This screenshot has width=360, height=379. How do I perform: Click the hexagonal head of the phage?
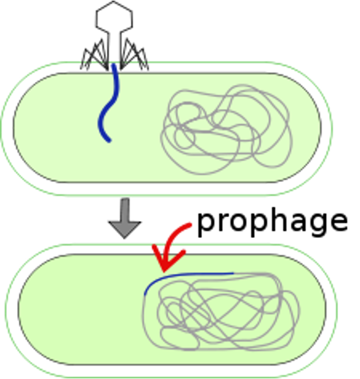pyautogui.click(x=114, y=16)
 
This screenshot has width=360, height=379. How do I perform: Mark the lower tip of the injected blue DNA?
pyautogui.click(x=110, y=140)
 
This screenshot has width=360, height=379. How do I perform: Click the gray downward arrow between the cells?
pyautogui.click(x=125, y=218)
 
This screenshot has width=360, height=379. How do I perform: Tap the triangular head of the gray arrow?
pyautogui.click(x=125, y=229)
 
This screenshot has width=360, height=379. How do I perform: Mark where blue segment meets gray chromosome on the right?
pyautogui.click(x=233, y=273)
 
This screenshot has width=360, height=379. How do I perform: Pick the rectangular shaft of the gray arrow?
pyautogui.click(x=125, y=210)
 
